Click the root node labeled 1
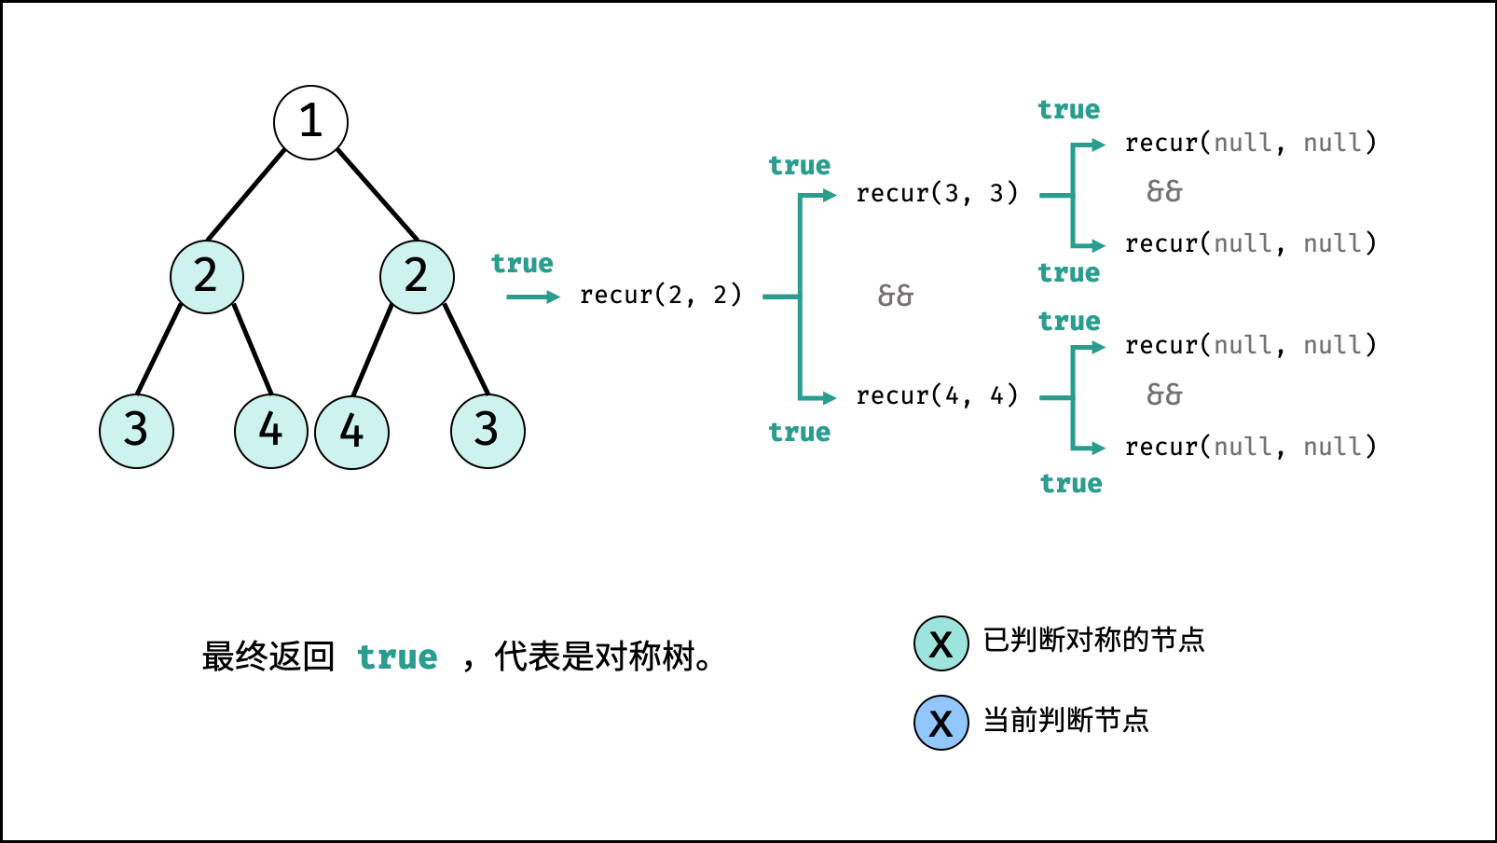click(310, 122)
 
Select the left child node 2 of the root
click(207, 277)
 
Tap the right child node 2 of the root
click(417, 277)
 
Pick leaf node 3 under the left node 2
click(136, 431)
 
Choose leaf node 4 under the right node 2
click(351, 432)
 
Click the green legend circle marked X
click(941, 643)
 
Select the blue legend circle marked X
click(941, 723)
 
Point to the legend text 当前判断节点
click(1065, 720)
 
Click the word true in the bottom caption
click(397, 657)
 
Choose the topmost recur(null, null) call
click(1250, 143)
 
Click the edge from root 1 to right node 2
click(378, 194)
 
